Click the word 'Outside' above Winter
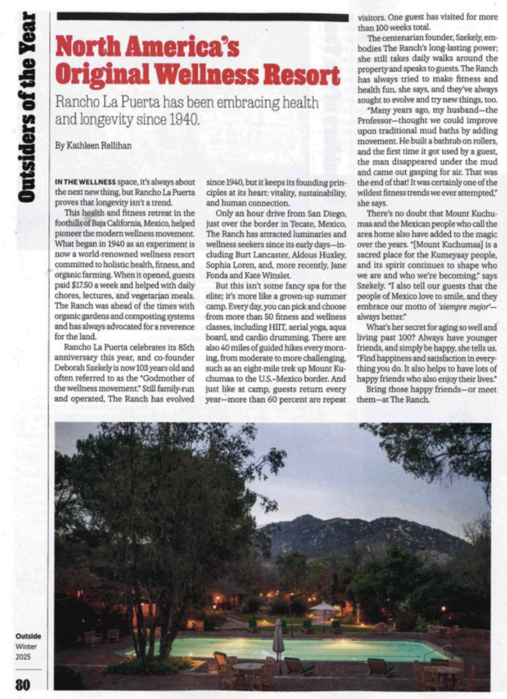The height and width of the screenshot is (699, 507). (x=28, y=635)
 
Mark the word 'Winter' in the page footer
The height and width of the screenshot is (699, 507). (x=26, y=646)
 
